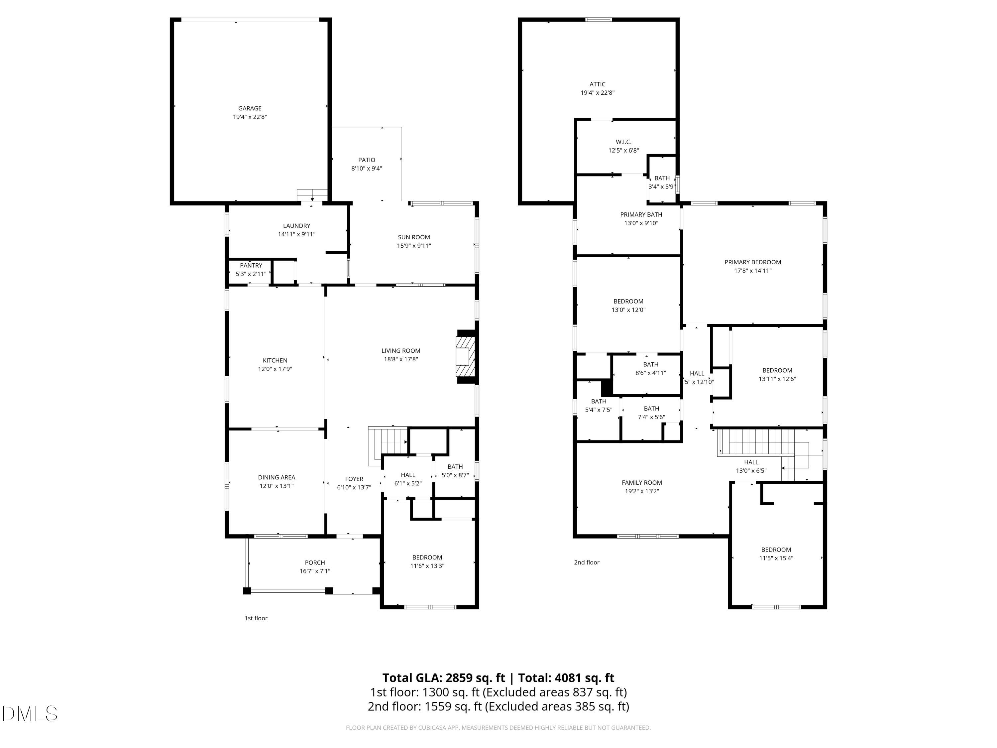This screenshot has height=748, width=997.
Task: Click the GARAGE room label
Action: [250, 108]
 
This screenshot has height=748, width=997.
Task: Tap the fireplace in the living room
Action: [466, 357]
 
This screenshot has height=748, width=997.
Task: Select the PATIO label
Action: [367, 160]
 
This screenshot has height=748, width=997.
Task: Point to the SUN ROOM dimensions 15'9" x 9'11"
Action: [414, 246]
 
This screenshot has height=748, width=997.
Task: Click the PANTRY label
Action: [251, 266]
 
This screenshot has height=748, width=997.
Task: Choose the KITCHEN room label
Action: [275, 360]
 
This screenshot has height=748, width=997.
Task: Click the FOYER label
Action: [354, 479]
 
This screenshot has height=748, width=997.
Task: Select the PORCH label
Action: [315, 563]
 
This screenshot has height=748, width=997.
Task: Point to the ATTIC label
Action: [597, 84]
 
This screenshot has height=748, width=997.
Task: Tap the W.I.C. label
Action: [623, 142]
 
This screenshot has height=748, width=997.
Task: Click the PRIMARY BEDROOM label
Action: [753, 262]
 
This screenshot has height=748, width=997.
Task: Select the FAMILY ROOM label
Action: [642, 482]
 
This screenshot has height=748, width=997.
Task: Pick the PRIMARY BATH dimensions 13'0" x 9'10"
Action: [641, 223]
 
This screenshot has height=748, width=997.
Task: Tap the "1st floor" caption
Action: [256, 618]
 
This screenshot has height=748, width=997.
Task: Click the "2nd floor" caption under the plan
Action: [586, 562]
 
